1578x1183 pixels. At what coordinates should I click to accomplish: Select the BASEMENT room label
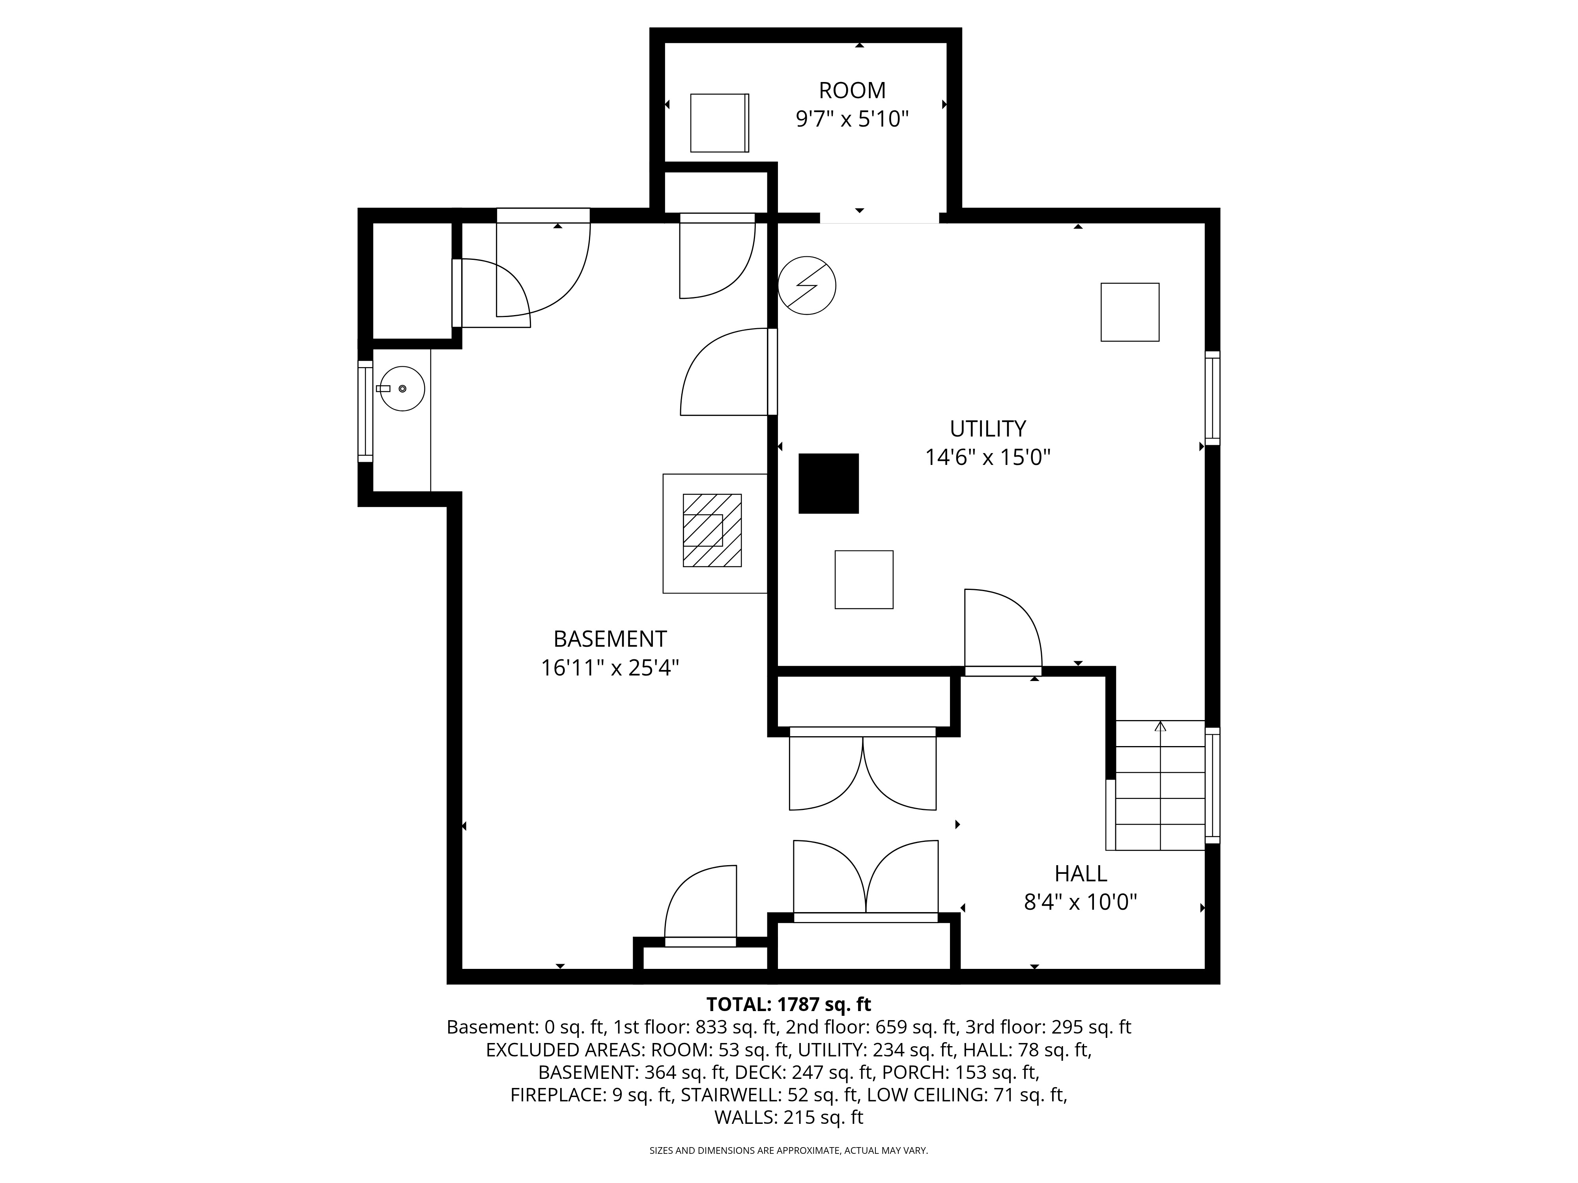pyautogui.click(x=610, y=638)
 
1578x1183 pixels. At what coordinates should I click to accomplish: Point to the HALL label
pyautogui.click(x=1081, y=873)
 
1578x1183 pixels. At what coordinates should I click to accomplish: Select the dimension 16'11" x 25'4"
pyautogui.click(x=610, y=668)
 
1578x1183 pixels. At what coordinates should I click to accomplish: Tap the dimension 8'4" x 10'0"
pyautogui.click(x=1081, y=903)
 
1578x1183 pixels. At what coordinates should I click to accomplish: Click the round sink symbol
pyautogui.click(x=402, y=389)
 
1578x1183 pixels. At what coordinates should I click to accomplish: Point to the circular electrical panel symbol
pyautogui.click(x=807, y=285)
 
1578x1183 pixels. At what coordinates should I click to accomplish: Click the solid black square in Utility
pyautogui.click(x=828, y=483)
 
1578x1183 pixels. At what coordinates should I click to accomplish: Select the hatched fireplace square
pyautogui.click(x=712, y=530)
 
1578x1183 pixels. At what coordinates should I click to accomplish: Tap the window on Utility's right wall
pyautogui.click(x=1212, y=398)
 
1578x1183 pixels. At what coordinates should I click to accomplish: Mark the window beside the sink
pyautogui.click(x=365, y=411)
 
